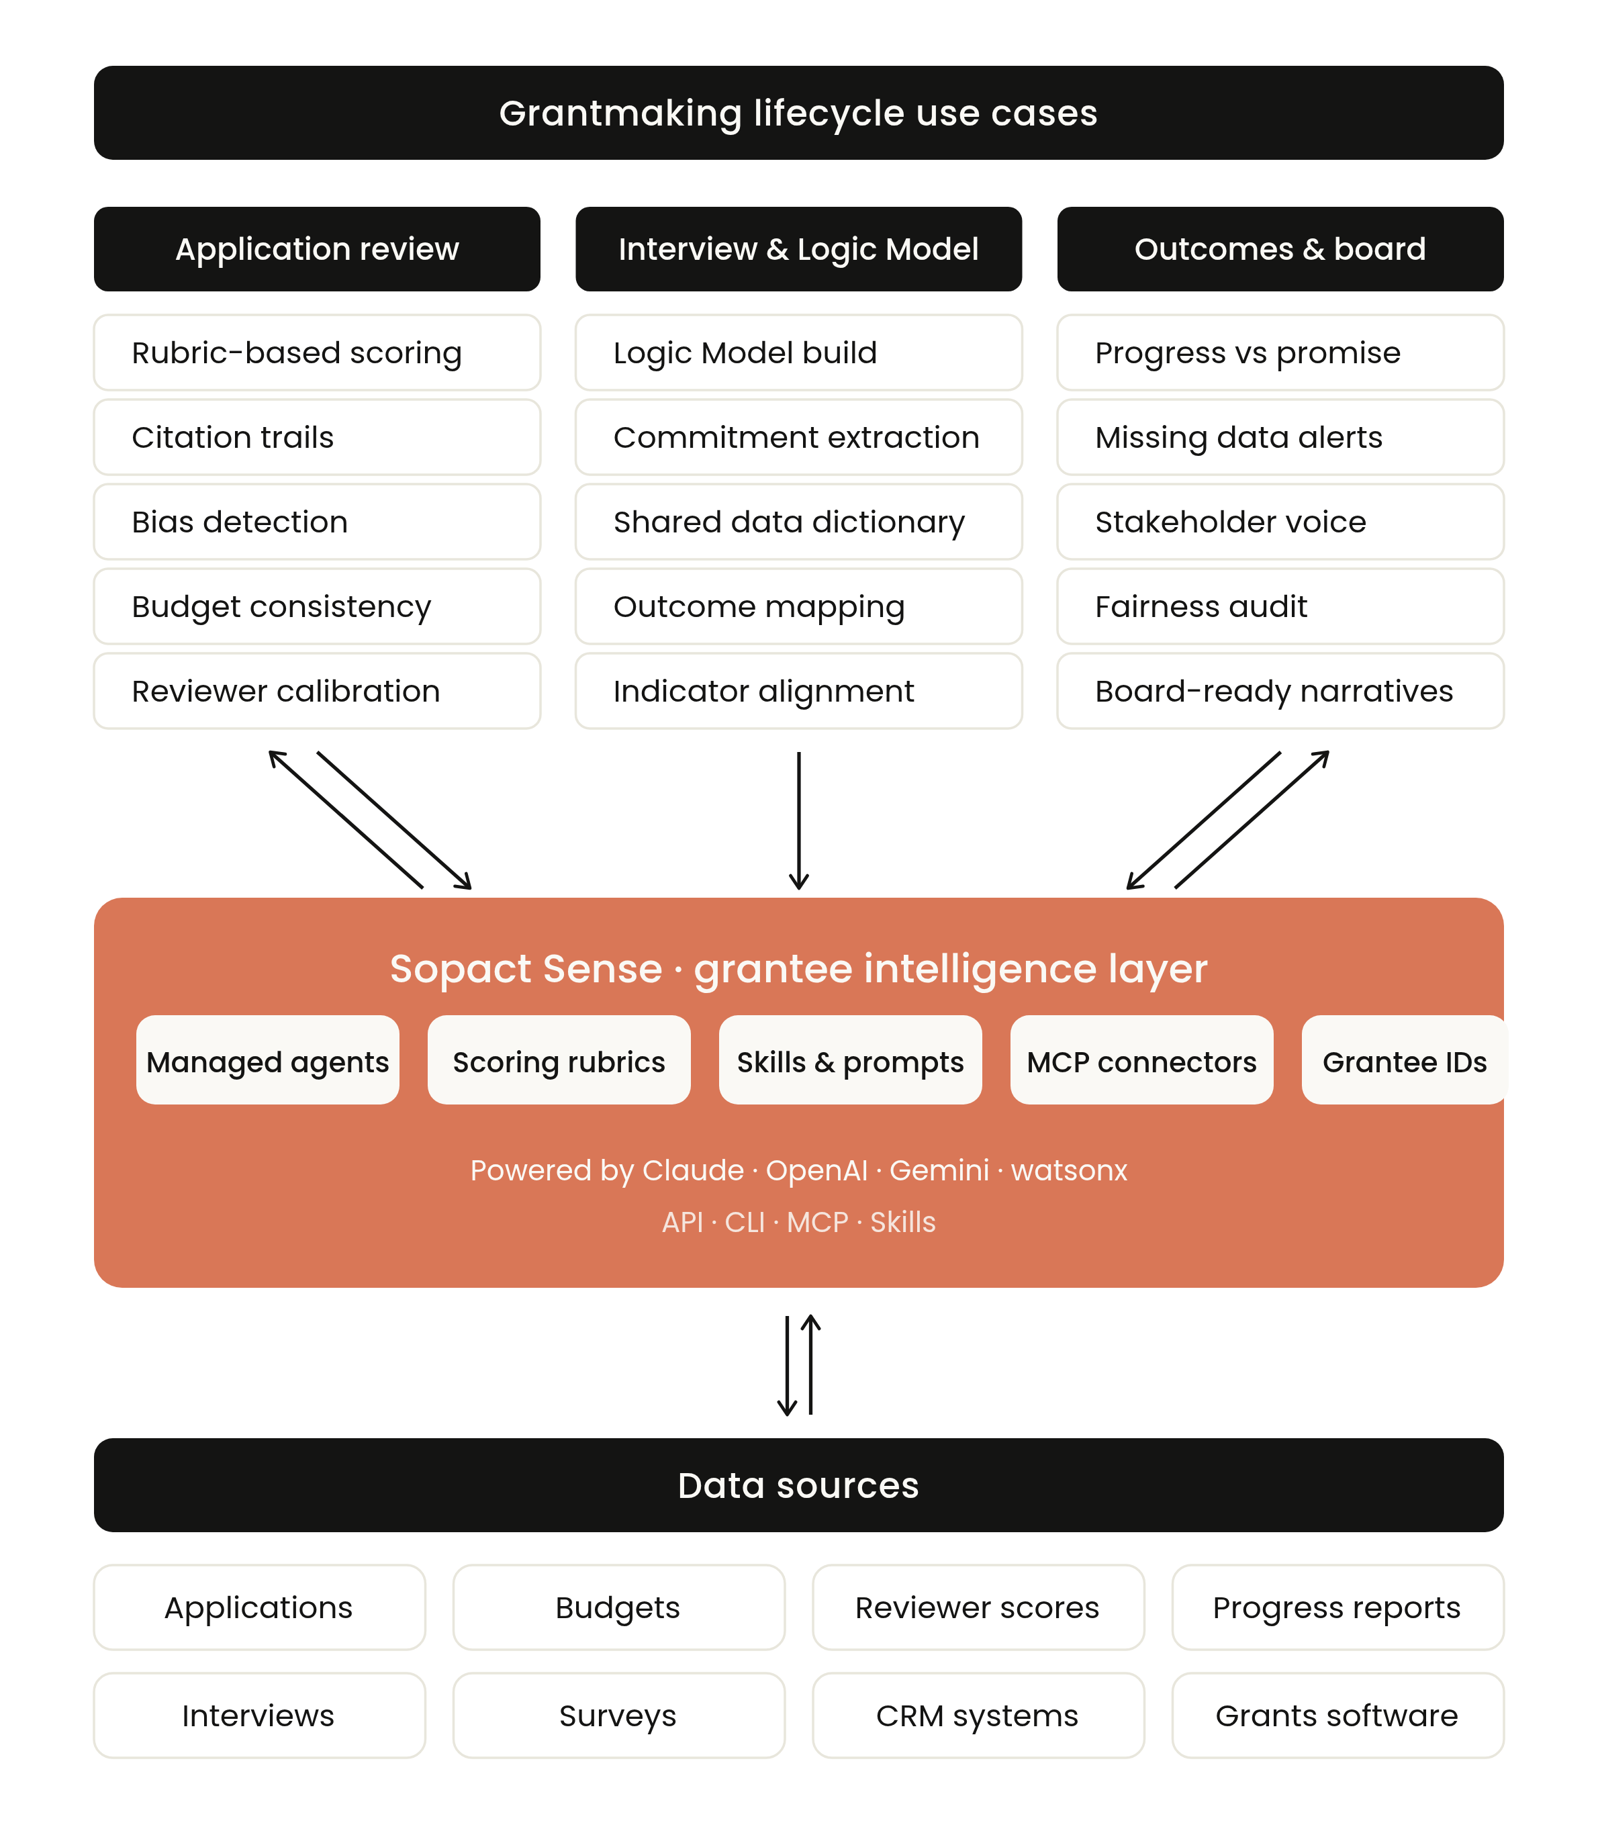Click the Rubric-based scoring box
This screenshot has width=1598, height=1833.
point(316,352)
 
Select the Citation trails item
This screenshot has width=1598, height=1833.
point(316,437)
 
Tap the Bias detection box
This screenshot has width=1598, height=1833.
point(316,522)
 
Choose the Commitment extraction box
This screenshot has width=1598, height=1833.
point(798,437)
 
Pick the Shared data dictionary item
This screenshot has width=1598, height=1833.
point(798,522)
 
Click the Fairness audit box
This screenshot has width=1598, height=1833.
point(1280,606)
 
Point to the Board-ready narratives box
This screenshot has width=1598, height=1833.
point(1280,691)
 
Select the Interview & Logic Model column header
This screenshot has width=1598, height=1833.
point(798,248)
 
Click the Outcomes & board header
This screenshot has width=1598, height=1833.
point(1280,248)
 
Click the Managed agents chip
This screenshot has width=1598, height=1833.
point(267,1061)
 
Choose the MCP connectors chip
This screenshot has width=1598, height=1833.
point(1141,1061)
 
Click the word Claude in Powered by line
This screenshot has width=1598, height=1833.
point(693,1170)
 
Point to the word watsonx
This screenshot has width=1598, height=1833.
point(1068,1170)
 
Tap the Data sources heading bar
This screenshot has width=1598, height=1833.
point(798,1485)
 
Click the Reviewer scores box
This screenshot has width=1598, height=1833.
point(978,1607)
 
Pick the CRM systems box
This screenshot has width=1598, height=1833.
point(978,1715)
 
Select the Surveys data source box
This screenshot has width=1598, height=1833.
point(618,1715)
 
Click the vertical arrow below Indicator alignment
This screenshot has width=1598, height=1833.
point(799,820)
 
